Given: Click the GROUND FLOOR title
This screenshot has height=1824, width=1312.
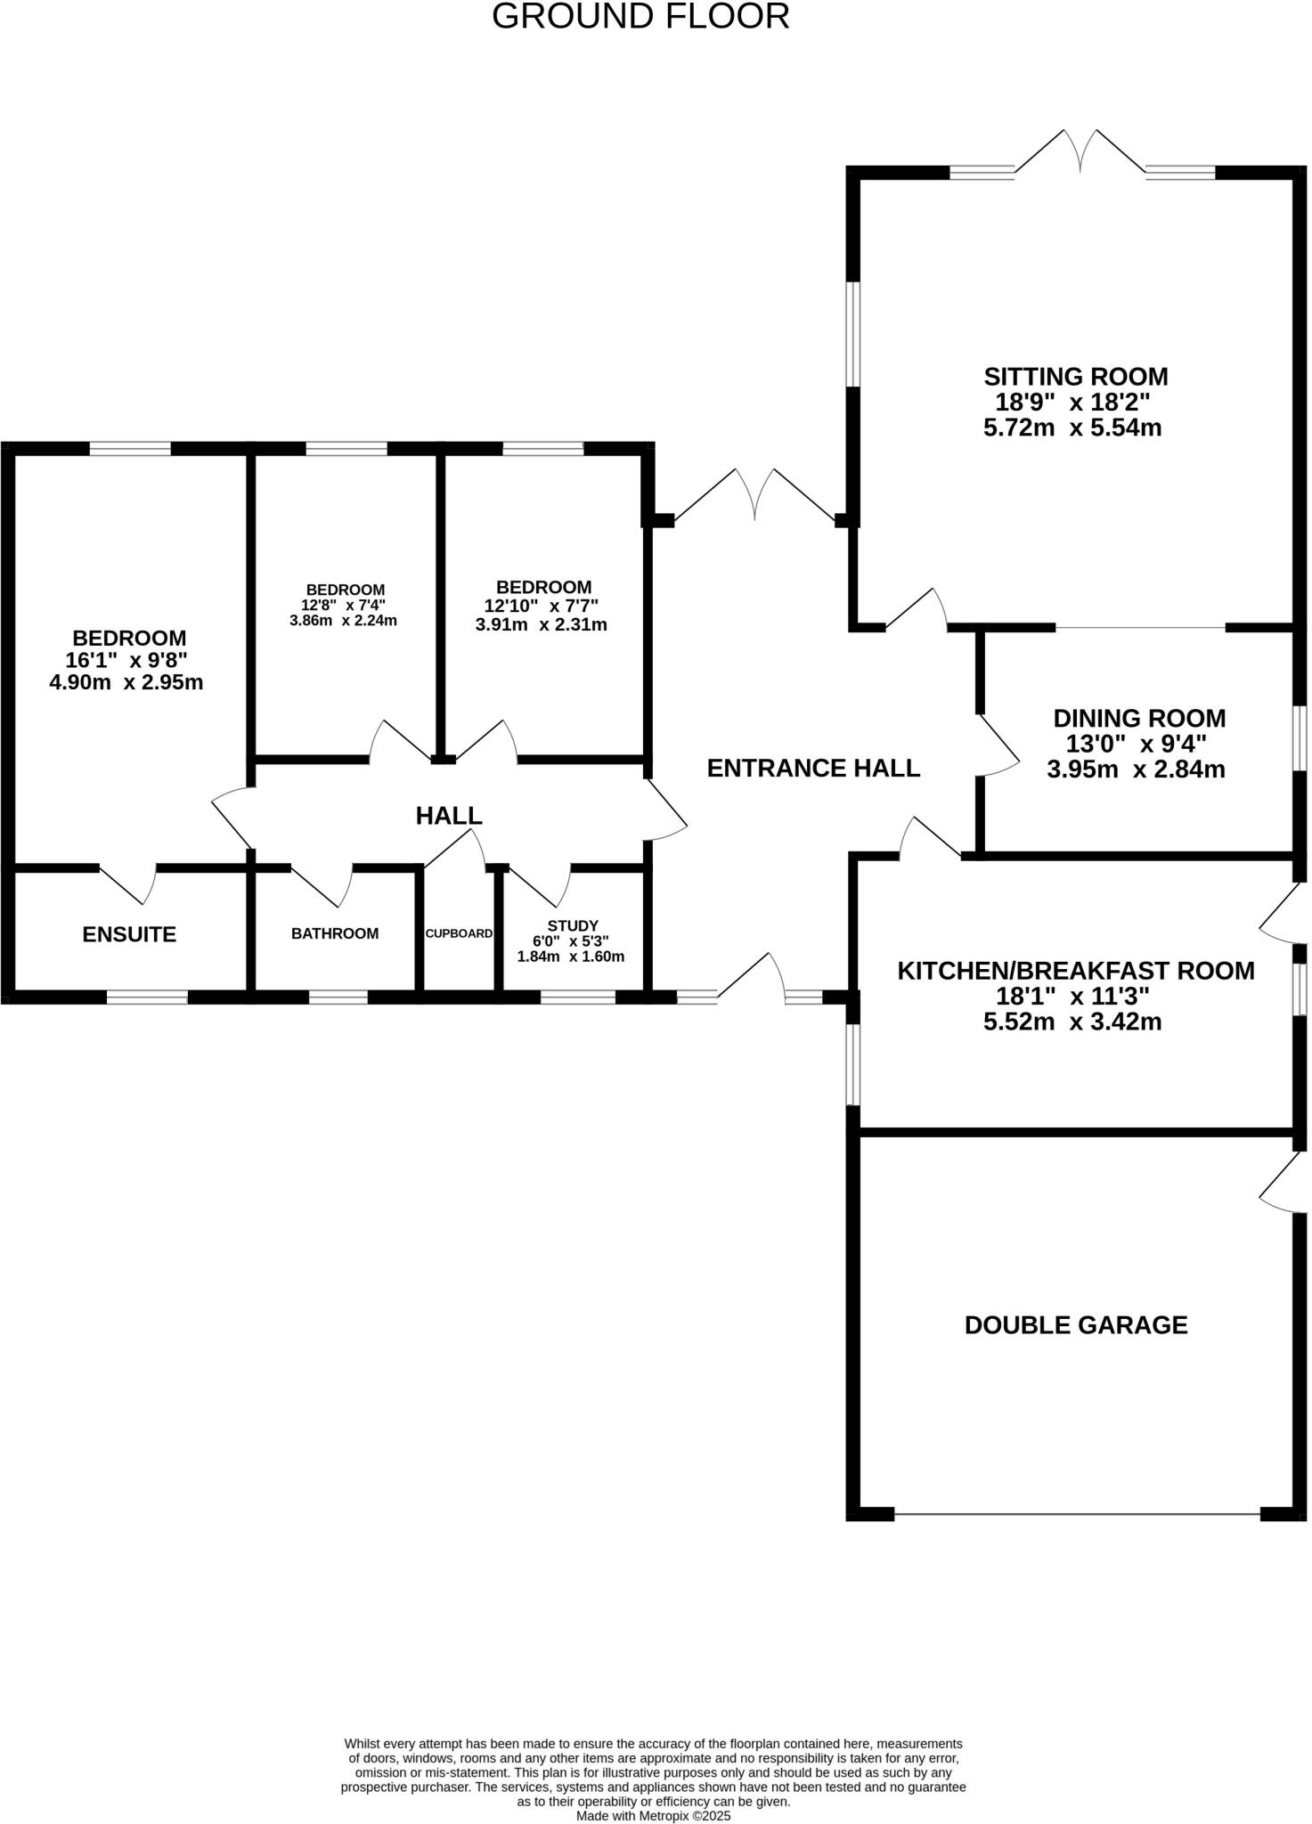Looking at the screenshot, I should click(x=640, y=17).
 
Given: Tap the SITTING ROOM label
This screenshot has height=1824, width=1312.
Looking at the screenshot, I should click(x=1075, y=377).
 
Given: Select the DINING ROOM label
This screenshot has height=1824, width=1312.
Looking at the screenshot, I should click(x=1139, y=718).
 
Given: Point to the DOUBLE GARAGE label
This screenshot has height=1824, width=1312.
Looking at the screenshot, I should click(x=1076, y=1325).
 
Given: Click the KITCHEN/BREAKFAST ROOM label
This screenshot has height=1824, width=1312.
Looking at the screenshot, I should click(x=1075, y=971).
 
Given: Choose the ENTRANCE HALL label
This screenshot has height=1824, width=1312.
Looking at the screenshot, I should click(x=813, y=768).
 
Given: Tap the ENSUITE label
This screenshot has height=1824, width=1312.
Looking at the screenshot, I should click(x=129, y=934).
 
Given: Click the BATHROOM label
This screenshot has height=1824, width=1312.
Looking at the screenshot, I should click(x=335, y=933).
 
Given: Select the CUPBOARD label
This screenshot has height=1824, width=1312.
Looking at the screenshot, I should click(x=459, y=933).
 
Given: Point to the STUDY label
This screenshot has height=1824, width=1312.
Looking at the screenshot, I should click(x=573, y=926).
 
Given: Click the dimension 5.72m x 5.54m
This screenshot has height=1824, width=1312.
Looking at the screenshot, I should click(x=1072, y=427).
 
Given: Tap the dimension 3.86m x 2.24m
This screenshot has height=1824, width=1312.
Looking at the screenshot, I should click(x=343, y=621).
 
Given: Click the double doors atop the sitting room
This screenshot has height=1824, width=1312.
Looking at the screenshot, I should click(x=1080, y=153).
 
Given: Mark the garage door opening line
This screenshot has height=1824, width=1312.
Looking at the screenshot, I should click(x=1077, y=1512).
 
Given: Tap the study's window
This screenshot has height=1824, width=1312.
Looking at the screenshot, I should click(x=577, y=997).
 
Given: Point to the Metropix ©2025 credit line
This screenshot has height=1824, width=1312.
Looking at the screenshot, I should click(x=653, y=1815).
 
